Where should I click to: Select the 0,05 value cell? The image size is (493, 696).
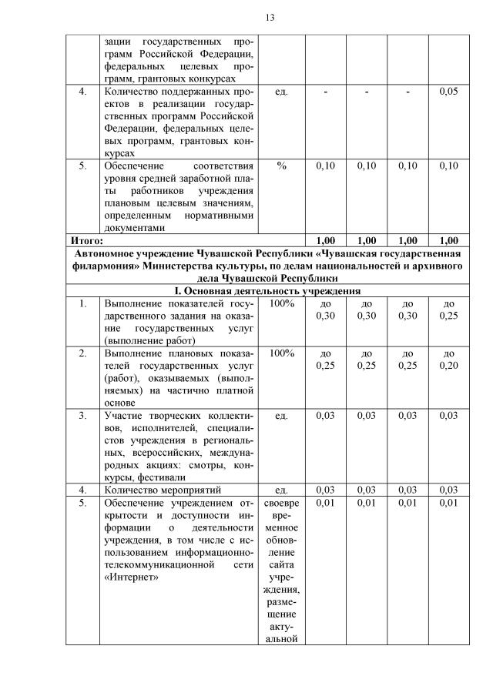pyautogui.click(x=448, y=92)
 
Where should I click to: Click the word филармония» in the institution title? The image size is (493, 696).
pyautogui.click(x=103, y=266)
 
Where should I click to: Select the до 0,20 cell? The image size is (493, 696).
pyautogui.click(x=448, y=360)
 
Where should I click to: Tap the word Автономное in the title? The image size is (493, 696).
pyautogui.click(x=109, y=253)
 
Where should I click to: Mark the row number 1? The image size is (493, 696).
pyautogui.click(x=82, y=303)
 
